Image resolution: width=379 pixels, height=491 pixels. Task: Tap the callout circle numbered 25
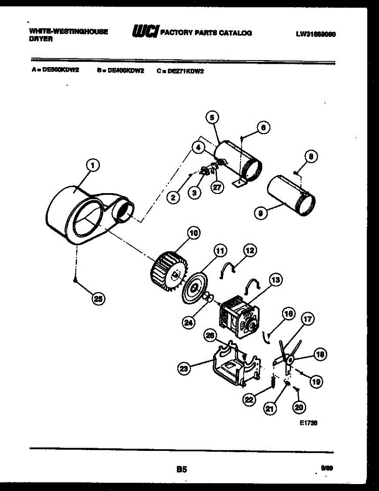tap(97, 299)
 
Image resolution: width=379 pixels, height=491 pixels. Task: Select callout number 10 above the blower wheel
tap(193, 233)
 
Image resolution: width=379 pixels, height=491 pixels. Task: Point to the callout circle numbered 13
tap(275, 280)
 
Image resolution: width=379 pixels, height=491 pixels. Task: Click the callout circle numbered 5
tap(212, 118)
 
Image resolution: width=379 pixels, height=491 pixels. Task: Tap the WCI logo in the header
tap(144, 32)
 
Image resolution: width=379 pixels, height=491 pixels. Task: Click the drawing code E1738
tap(308, 424)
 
